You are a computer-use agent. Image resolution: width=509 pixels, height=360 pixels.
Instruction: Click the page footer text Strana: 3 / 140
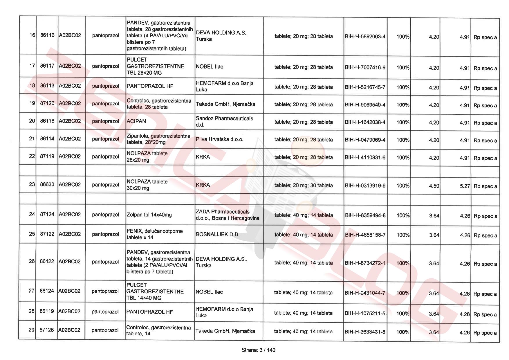[258, 350]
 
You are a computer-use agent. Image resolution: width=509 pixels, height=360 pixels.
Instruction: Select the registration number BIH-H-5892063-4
[365, 37]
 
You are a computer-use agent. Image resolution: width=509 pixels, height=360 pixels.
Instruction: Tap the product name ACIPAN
[136, 121]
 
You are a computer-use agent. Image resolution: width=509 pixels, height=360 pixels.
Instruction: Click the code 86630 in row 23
[47, 184]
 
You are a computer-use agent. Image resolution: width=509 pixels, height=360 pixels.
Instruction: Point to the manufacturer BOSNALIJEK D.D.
[218, 234]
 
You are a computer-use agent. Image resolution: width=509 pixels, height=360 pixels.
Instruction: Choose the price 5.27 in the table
[465, 186]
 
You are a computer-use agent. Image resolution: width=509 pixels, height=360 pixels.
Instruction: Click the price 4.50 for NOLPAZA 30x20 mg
[434, 186]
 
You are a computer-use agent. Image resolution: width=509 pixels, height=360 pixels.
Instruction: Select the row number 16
[32, 35]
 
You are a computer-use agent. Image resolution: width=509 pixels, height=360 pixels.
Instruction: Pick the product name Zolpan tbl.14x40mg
[149, 215]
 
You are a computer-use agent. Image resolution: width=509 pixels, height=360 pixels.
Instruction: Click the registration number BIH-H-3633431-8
[365, 332]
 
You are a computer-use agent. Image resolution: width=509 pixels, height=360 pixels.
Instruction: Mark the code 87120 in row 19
[47, 103]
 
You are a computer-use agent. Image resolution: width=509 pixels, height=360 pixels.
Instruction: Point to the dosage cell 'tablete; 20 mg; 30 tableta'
[303, 186]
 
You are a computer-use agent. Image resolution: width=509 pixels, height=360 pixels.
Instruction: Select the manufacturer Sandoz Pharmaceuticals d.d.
[224, 122]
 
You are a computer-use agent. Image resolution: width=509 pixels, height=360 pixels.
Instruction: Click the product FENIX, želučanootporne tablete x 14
[155, 234]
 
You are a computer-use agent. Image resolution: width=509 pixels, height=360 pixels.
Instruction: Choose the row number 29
[31, 330]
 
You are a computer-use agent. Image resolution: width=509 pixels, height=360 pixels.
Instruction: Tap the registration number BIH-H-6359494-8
[365, 215]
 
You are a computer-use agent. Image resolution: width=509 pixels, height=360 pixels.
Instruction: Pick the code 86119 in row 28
[47, 311]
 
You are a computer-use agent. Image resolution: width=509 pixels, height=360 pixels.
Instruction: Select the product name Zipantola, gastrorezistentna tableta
[158, 139]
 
